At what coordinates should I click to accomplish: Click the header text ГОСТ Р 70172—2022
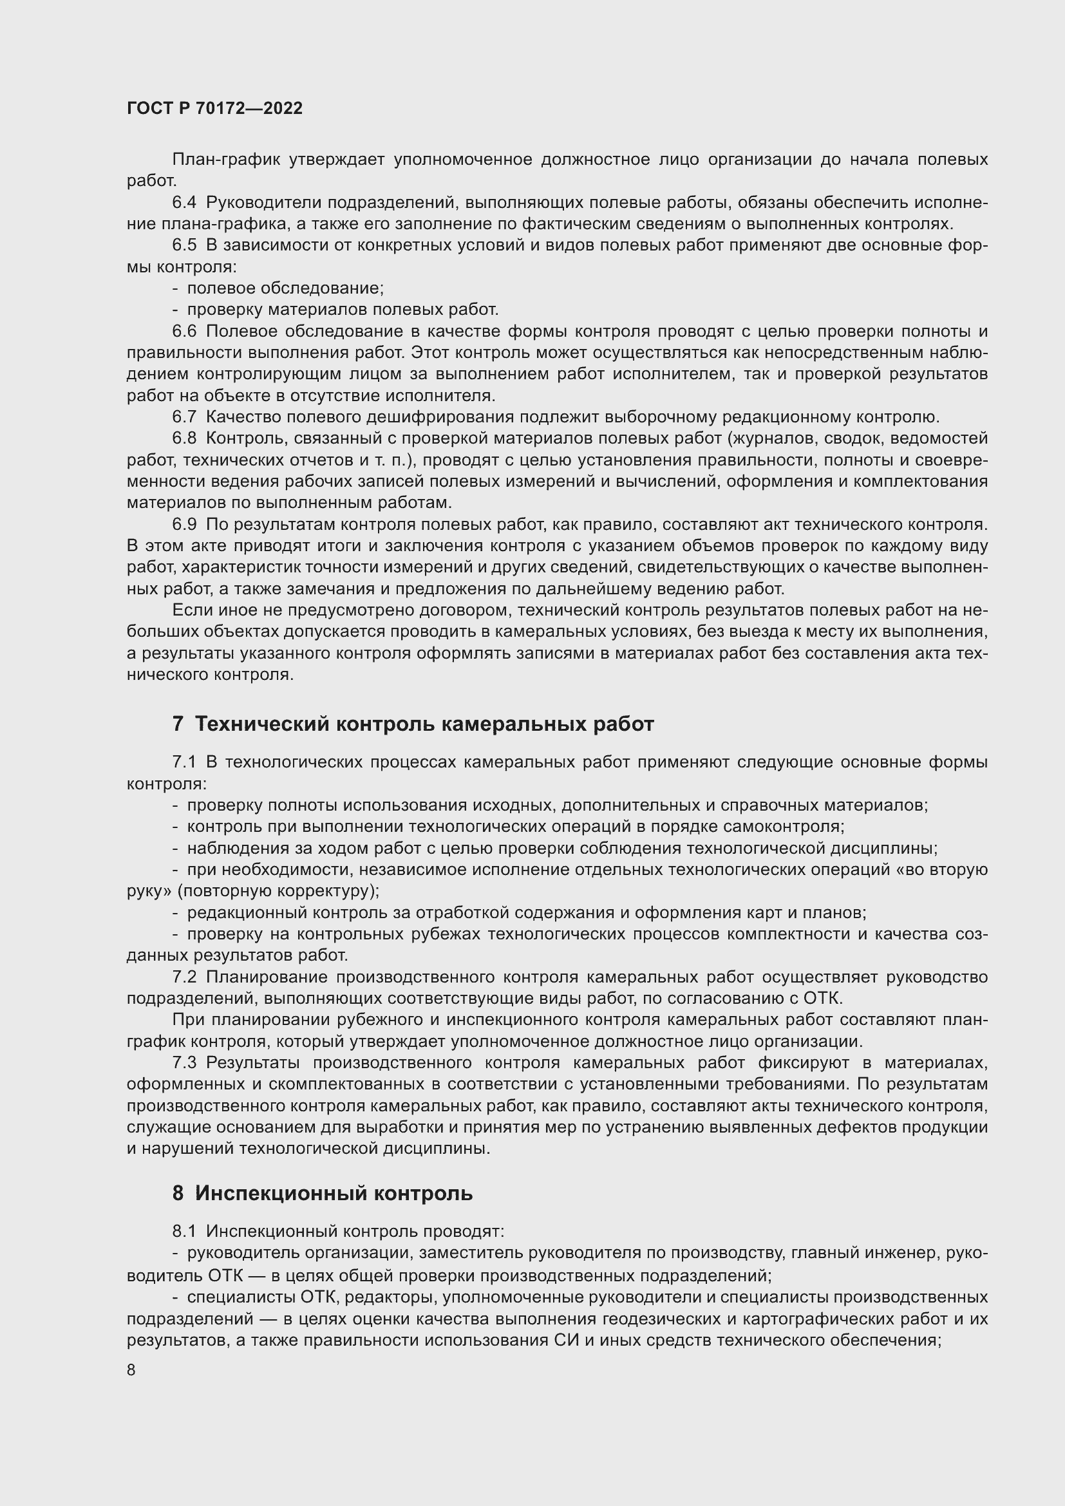click(214, 109)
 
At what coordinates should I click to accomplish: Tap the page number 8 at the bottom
click(131, 1370)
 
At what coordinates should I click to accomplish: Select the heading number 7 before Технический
click(178, 724)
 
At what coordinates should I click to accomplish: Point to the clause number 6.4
click(184, 203)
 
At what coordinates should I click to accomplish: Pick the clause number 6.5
click(184, 245)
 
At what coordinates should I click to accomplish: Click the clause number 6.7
click(184, 417)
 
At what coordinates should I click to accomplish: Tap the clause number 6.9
click(184, 524)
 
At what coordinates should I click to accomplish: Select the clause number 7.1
click(184, 762)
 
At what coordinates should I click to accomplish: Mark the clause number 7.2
click(184, 977)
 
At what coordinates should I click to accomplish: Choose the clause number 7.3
click(184, 1062)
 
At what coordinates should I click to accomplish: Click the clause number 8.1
click(184, 1232)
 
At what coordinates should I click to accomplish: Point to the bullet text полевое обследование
click(285, 288)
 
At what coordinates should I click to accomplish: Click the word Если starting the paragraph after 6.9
click(189, 610)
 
